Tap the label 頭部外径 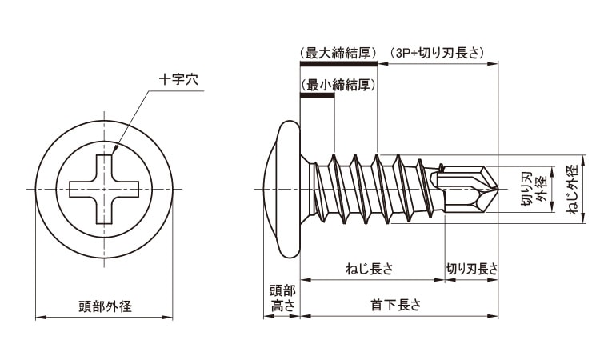[105, 306]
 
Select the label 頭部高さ [282, 298]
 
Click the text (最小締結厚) [338, 84]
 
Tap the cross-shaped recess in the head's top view [105, 189]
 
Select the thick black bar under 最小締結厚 [315, 96]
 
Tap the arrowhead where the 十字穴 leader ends [113, 152]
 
